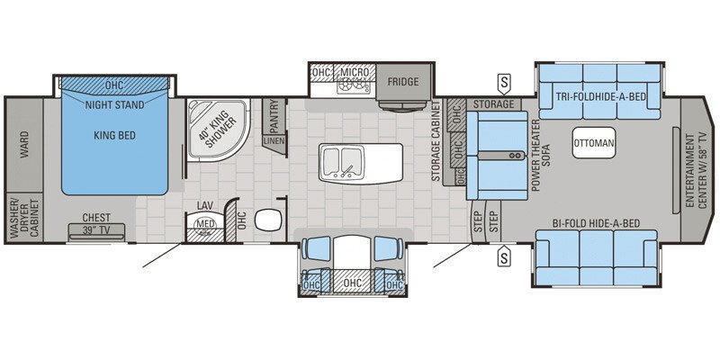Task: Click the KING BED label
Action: (114, 138)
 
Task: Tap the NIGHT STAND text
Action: (114, 104)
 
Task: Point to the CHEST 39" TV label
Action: (96, 222)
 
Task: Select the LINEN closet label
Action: (274, 141)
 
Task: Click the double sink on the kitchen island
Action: (341, 159)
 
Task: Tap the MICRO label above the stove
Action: (352, 72)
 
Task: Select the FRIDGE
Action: (403, 82)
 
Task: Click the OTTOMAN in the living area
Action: (594, 143)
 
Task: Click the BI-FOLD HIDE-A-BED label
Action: (596, 223)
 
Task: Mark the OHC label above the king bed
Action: (114, 85)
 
